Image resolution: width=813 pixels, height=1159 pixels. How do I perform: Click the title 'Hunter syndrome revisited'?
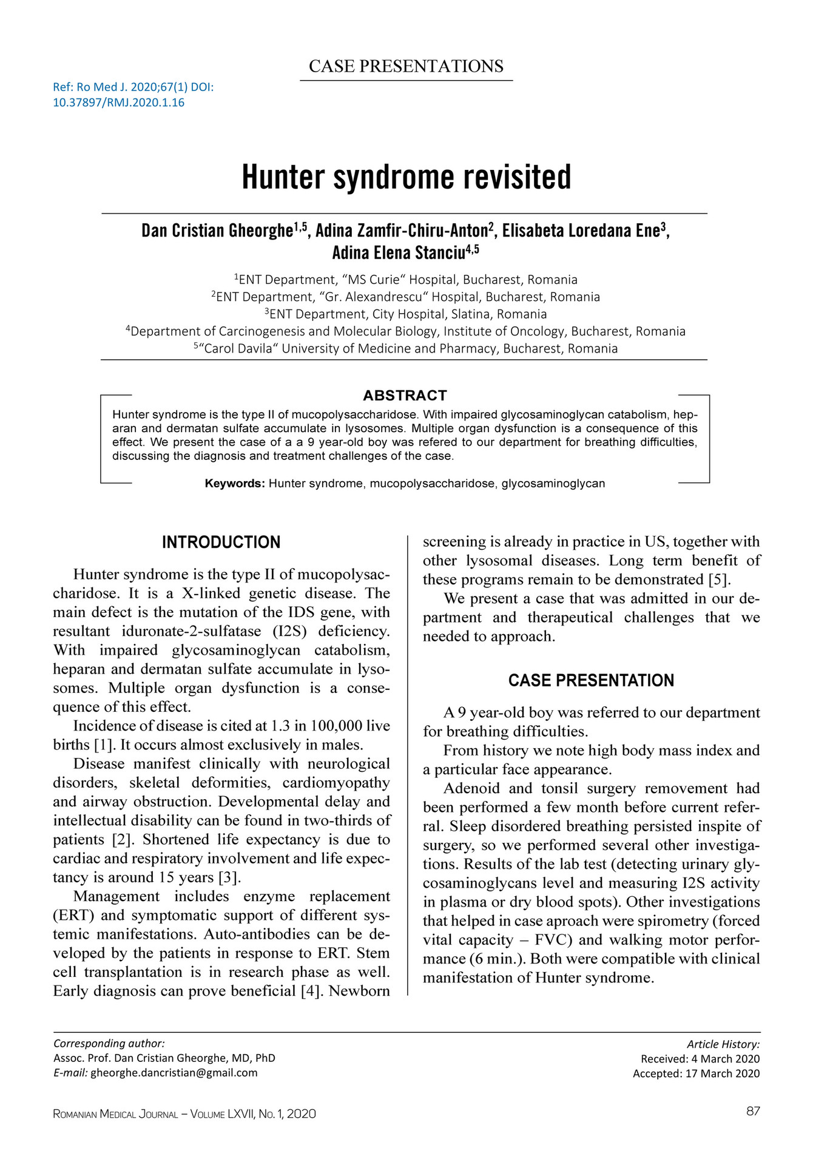point(406,177)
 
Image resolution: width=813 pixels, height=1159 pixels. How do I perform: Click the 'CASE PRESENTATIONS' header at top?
point(406,66)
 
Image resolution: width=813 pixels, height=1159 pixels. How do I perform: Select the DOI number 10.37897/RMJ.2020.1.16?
point(118,103)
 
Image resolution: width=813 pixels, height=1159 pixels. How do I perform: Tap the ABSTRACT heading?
point(405,396)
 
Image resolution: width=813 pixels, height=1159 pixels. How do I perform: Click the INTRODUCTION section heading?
point(221,542)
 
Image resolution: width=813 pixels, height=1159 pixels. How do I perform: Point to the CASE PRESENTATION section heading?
point(591,680)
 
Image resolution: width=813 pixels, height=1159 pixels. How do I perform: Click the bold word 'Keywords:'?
point(235,484)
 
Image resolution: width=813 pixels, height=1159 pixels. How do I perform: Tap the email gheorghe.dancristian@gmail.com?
point(174,1072)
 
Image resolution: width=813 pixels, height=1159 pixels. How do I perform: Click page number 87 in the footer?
point(753,1111)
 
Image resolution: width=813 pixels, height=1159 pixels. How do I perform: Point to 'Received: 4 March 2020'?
point(700,1059)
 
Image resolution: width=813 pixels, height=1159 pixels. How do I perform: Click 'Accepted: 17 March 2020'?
point(696,1073)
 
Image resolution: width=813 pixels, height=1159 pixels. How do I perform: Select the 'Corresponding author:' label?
point(109,1044)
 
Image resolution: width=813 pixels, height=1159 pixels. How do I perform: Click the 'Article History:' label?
point(723,1044)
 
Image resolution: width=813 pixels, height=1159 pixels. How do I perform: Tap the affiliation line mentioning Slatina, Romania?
point(405,314)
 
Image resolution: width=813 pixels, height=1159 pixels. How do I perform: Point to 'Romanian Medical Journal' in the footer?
point(115,1114)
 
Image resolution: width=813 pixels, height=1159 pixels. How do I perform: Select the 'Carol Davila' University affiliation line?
point(405,349)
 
